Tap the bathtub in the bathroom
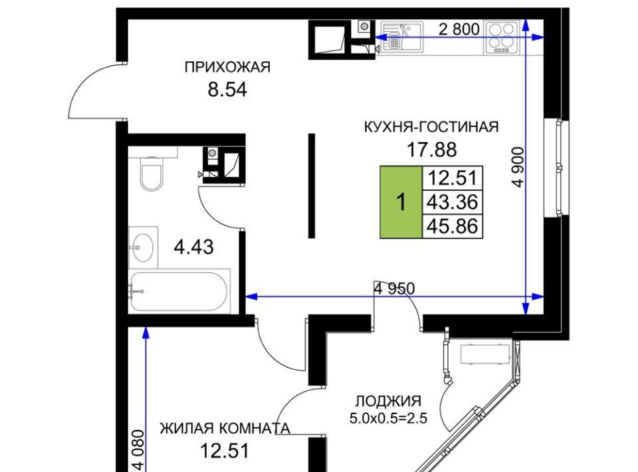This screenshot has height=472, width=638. point(179,291)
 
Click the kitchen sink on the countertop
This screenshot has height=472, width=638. point(401,37)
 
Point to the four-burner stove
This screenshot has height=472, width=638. point(501,37)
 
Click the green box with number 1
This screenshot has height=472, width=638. point(401,202)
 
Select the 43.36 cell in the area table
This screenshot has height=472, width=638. point(453,202)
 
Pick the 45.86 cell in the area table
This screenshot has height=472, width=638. point(453,226)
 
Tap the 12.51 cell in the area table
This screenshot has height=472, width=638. point(453,177)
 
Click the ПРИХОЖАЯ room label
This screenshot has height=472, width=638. point(227,66)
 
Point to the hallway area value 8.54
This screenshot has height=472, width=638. point(227,90)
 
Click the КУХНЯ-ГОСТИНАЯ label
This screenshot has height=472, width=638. point(431,127)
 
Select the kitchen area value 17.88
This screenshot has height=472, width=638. point(432,150)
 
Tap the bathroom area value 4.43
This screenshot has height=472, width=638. point(193,247)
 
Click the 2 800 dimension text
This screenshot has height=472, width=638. point(459,29)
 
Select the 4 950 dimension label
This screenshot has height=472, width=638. point(394,289)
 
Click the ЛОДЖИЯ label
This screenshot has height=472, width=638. point(388,402)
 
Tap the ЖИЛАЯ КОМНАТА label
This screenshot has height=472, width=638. point(225,428)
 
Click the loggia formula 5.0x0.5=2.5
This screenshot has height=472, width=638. point(388,418)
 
